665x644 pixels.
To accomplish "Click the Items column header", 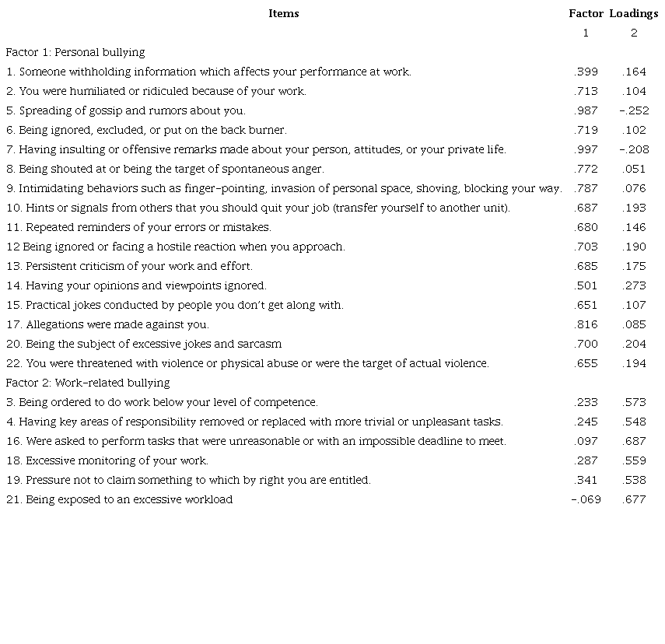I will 283,13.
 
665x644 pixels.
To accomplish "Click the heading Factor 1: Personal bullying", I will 75,52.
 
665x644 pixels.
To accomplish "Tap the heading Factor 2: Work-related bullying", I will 88,383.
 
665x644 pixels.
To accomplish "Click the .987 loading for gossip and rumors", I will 586,110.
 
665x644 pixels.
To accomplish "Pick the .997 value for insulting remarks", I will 586,149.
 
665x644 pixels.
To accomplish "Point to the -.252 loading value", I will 634,110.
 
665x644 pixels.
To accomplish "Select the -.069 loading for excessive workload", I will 586,499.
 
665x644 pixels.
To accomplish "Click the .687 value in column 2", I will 634,441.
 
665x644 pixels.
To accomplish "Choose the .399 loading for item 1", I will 586,72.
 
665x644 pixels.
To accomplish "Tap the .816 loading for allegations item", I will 586,324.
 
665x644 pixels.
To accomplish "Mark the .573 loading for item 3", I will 634,402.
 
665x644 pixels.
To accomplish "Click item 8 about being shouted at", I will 165,169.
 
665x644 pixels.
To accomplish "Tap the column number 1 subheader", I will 586,33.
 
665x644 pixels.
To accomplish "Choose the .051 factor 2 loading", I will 634,169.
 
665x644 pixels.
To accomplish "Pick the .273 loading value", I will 634,285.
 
